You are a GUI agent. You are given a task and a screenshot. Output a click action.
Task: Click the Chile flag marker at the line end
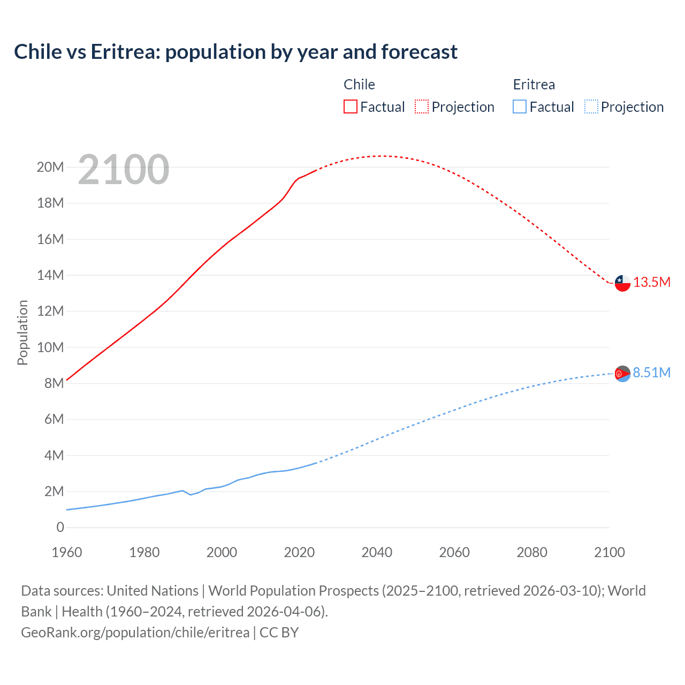622,283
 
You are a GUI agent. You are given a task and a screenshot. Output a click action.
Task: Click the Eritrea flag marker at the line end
622,374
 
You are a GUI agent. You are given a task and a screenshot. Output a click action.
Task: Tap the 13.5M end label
652,283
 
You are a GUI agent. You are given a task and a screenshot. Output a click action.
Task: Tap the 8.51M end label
652,373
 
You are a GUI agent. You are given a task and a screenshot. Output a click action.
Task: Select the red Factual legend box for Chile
350,106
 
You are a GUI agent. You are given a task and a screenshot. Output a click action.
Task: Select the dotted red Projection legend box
422,106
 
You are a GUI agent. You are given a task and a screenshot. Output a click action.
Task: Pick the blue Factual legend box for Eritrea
520,106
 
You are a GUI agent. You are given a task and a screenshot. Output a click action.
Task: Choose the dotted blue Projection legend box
591,106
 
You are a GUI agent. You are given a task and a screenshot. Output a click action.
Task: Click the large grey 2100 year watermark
124,170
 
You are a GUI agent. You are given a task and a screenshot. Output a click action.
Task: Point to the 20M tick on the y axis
50,167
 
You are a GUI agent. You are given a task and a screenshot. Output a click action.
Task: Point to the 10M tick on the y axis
50,347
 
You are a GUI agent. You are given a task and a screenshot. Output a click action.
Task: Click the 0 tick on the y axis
60,528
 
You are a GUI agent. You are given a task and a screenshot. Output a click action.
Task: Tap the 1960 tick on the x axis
67,552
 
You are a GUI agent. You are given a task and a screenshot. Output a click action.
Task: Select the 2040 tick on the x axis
377,552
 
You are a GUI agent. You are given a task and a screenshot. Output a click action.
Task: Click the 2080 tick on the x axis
532,552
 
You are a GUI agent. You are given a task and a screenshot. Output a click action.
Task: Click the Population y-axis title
22,332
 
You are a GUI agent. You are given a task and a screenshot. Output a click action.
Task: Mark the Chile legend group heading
359,85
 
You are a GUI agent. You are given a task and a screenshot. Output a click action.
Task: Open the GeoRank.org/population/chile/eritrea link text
135,633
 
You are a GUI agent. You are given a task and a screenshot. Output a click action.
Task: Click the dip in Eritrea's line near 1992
190,494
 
